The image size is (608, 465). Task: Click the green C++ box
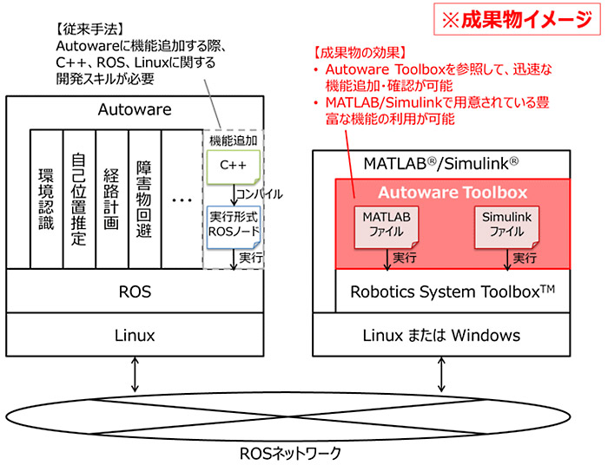[x=233, y=167]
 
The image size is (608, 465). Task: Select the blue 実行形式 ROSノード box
[x=234, y=227]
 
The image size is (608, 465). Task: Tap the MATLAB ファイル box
[x=387, y=227]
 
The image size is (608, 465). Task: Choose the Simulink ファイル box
[x=506, y=227]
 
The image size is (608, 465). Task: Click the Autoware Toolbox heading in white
[x=453, y=193]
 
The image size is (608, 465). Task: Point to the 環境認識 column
[x=47, y=199]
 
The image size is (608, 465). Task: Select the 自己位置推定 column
[x=79, y=199]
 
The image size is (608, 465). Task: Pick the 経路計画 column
[x=112, y=199]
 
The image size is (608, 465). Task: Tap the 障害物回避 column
[x=144, y=199]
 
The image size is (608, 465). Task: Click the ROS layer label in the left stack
[x=135, y=292]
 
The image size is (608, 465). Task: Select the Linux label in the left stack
[x=135, y=335]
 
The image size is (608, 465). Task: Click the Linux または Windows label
[x=441, y=335]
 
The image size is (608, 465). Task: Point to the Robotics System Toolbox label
[x=453, y=291]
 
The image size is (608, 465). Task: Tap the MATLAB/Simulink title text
[x=441, y=164]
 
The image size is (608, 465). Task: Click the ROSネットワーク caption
[x=290, y=454]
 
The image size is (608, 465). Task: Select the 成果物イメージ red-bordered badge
[x=517, y=19]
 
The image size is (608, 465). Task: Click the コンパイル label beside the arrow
[x=260, y=194]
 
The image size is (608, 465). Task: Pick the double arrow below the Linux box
[x=135, y=375]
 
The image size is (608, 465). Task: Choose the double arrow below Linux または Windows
[x=441, y=375]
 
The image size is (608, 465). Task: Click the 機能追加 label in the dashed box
[x=233, y=141]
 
